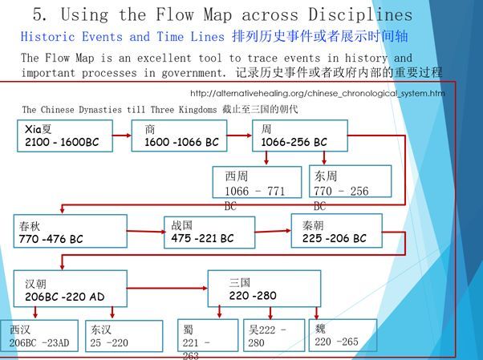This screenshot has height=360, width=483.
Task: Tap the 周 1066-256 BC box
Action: pos(300,135)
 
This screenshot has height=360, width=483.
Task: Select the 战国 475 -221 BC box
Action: pos(209,232)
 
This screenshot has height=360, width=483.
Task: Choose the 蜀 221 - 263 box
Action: pos(207,337)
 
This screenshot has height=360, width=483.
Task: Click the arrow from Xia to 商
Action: pos(122,135)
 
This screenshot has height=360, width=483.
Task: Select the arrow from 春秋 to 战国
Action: pos(146,232)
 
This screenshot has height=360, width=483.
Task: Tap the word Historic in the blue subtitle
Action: pos(48,37)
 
